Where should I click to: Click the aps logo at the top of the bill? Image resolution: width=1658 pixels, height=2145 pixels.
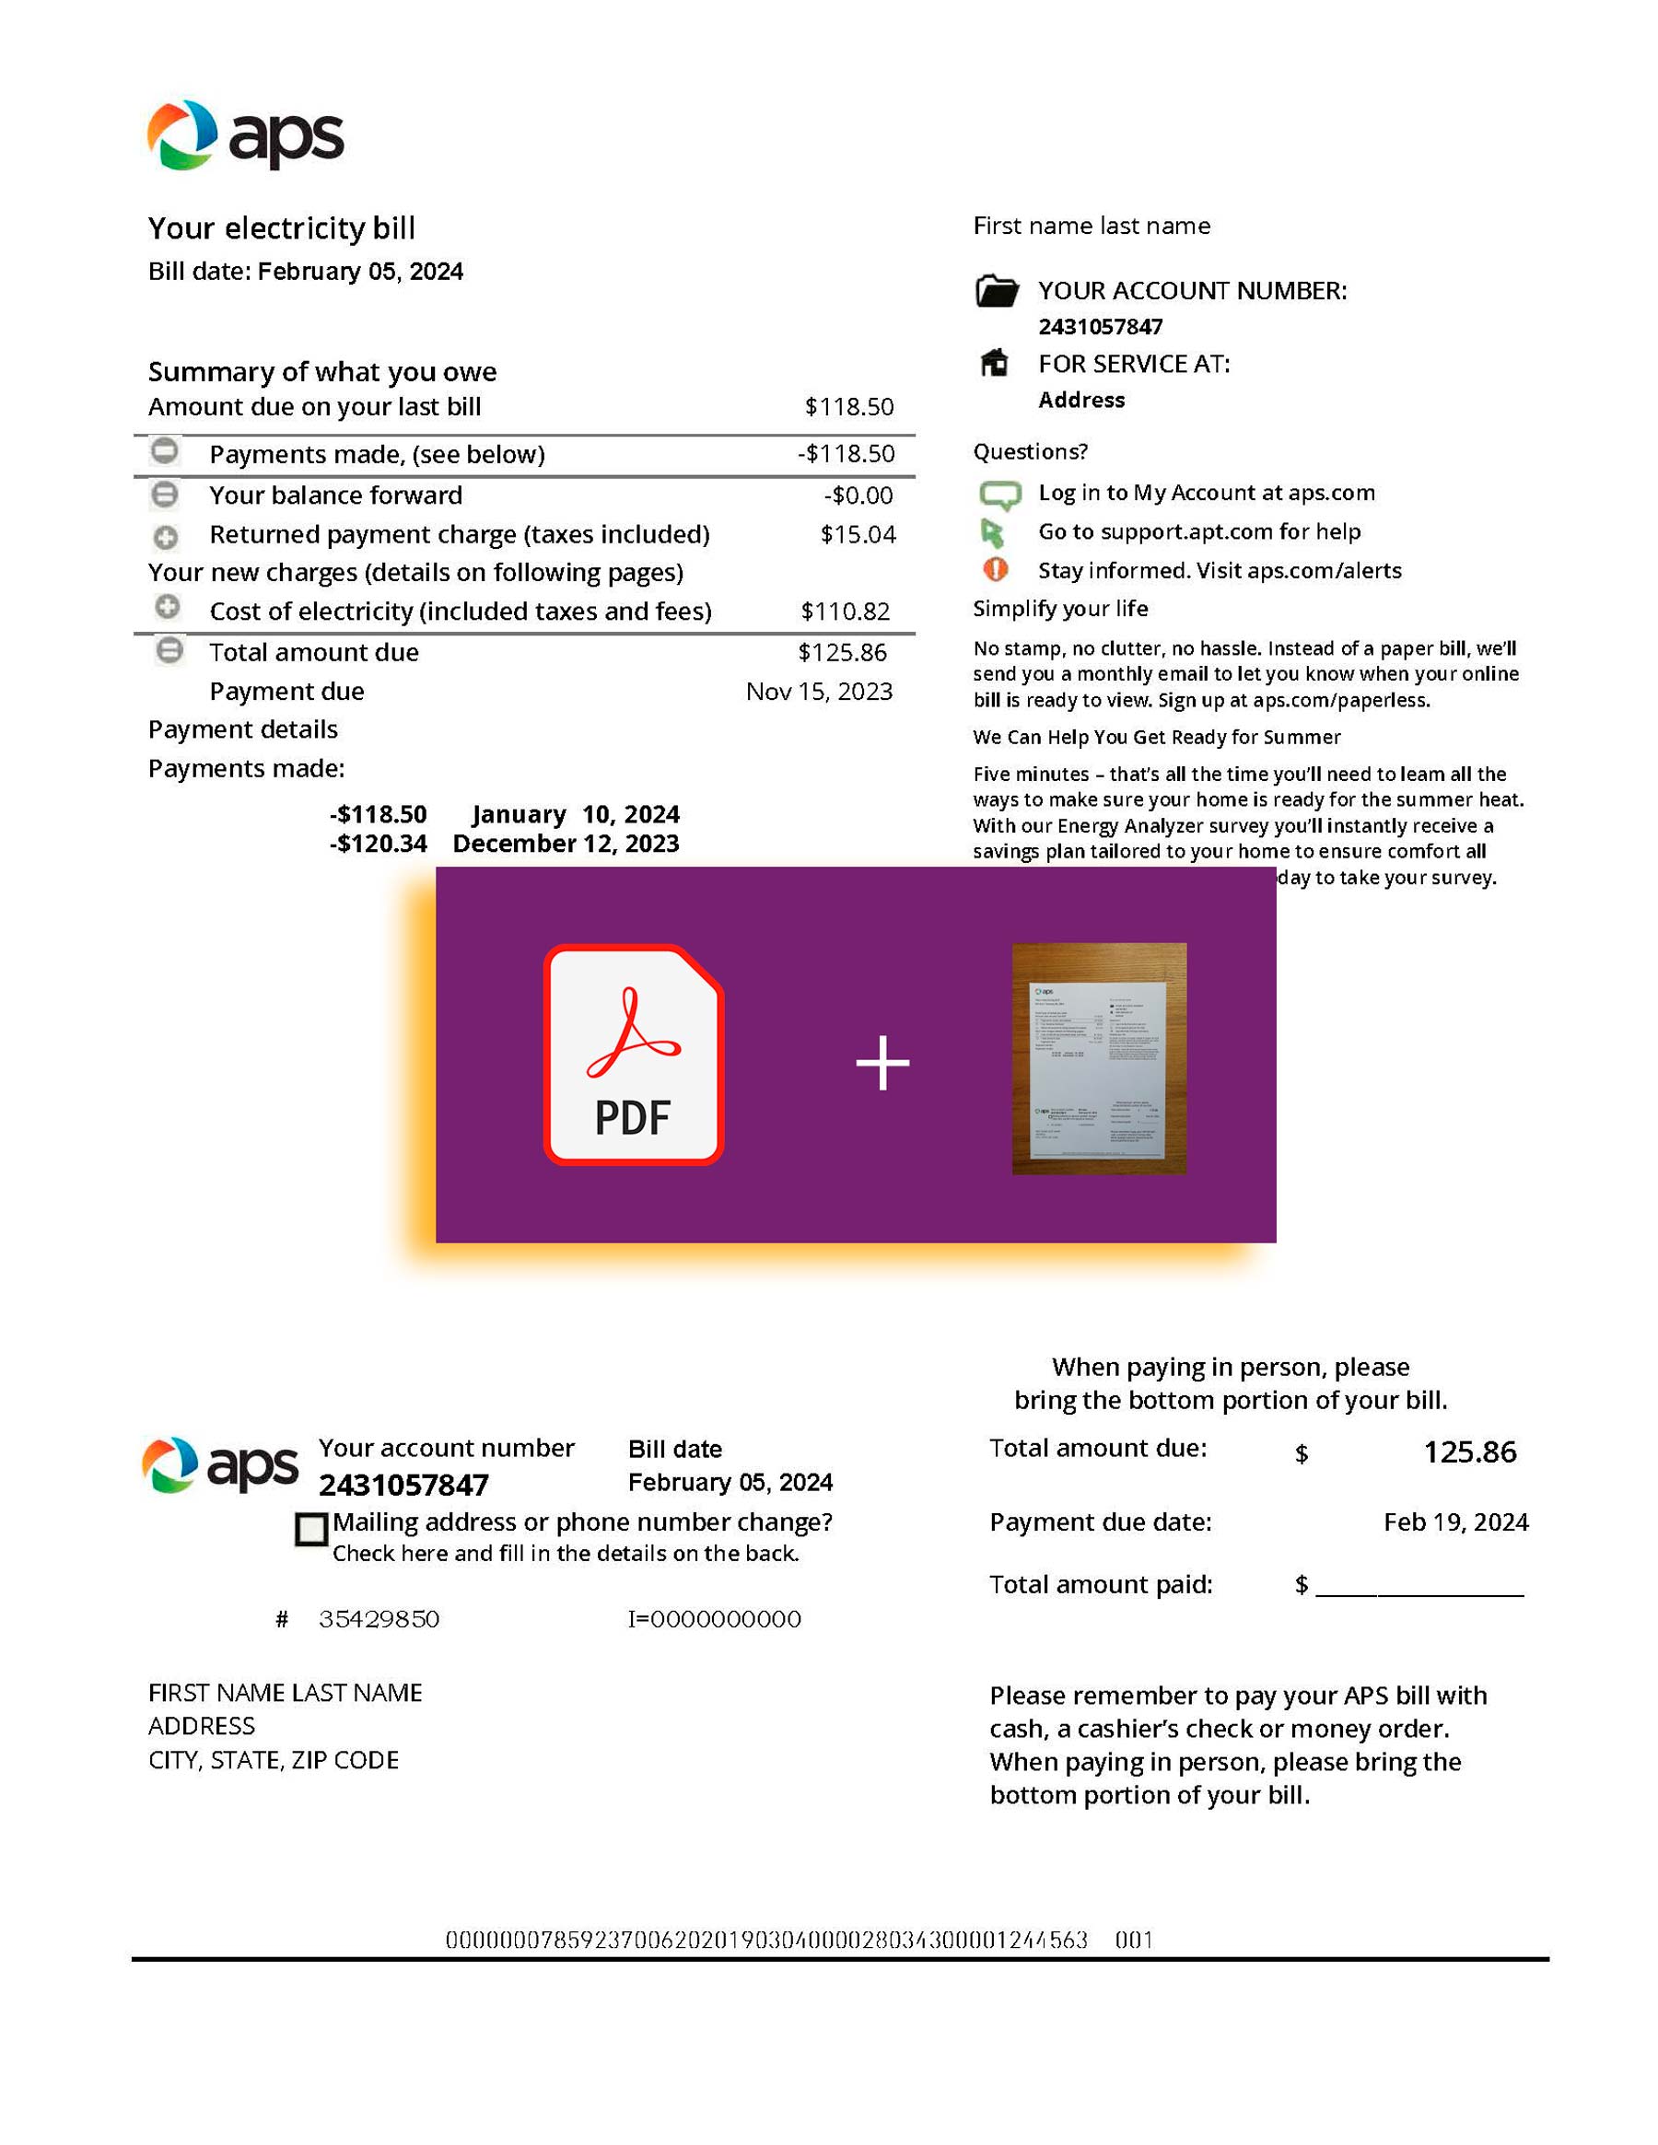(246, 135)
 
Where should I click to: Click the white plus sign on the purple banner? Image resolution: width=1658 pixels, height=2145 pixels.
(882, 1063)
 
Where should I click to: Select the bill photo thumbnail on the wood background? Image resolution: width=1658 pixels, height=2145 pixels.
(1098, 1058)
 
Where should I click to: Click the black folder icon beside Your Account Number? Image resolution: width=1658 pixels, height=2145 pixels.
(996, 291)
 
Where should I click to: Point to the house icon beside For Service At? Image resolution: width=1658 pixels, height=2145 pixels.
(994, 364)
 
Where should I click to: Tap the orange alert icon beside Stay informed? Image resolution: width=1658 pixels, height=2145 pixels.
(995, 568)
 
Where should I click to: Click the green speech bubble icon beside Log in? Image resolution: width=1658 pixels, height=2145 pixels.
(998, 494)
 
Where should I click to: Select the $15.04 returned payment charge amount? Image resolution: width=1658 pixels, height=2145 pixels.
(858, 534)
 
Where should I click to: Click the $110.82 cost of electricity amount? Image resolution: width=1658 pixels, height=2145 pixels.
(845, 611)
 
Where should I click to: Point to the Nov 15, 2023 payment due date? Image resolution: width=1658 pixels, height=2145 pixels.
(818, 692)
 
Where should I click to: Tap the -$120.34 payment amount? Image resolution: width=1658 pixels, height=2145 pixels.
(379, 844)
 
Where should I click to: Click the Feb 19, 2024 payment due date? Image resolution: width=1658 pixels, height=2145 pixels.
(1454, 1521)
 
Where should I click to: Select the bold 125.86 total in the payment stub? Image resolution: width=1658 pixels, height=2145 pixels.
(1469, 1451)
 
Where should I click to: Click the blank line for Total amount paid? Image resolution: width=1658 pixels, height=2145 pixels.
(1419, 1586)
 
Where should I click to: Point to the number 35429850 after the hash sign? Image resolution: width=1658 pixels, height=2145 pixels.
(379, 1618)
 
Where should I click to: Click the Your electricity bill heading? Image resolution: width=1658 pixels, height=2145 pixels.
(282, 227)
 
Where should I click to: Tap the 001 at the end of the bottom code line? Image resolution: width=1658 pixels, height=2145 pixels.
(1134, 1940)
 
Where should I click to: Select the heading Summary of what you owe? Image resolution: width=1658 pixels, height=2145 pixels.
(322, 371)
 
